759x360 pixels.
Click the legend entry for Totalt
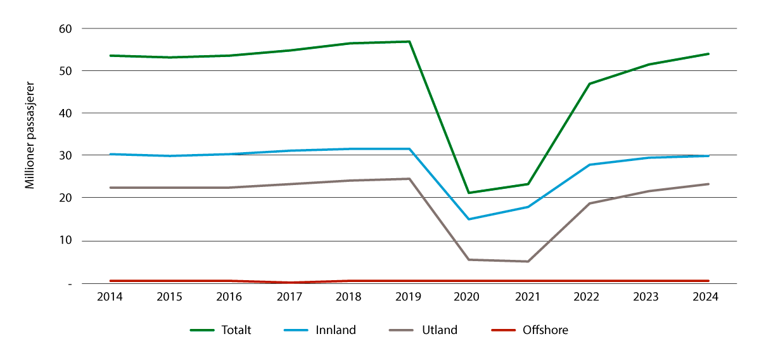point(236,330)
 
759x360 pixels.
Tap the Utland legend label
point(438,330)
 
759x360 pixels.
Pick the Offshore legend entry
point(545,330)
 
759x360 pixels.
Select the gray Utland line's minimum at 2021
point(528,261)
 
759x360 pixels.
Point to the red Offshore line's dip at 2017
point(289,283)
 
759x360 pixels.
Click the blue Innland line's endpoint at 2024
point(708,156)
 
